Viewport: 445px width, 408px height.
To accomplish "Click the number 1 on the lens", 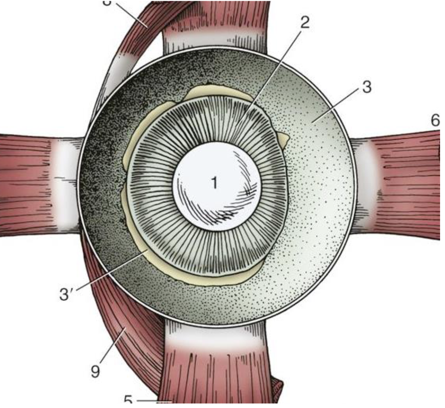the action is [214, 183].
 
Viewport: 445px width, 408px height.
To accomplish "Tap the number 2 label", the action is [304, 23].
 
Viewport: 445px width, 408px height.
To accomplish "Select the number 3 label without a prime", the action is [367, 87].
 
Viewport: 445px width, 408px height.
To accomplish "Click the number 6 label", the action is [435, 121].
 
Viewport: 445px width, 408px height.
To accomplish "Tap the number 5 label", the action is [128, 400].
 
